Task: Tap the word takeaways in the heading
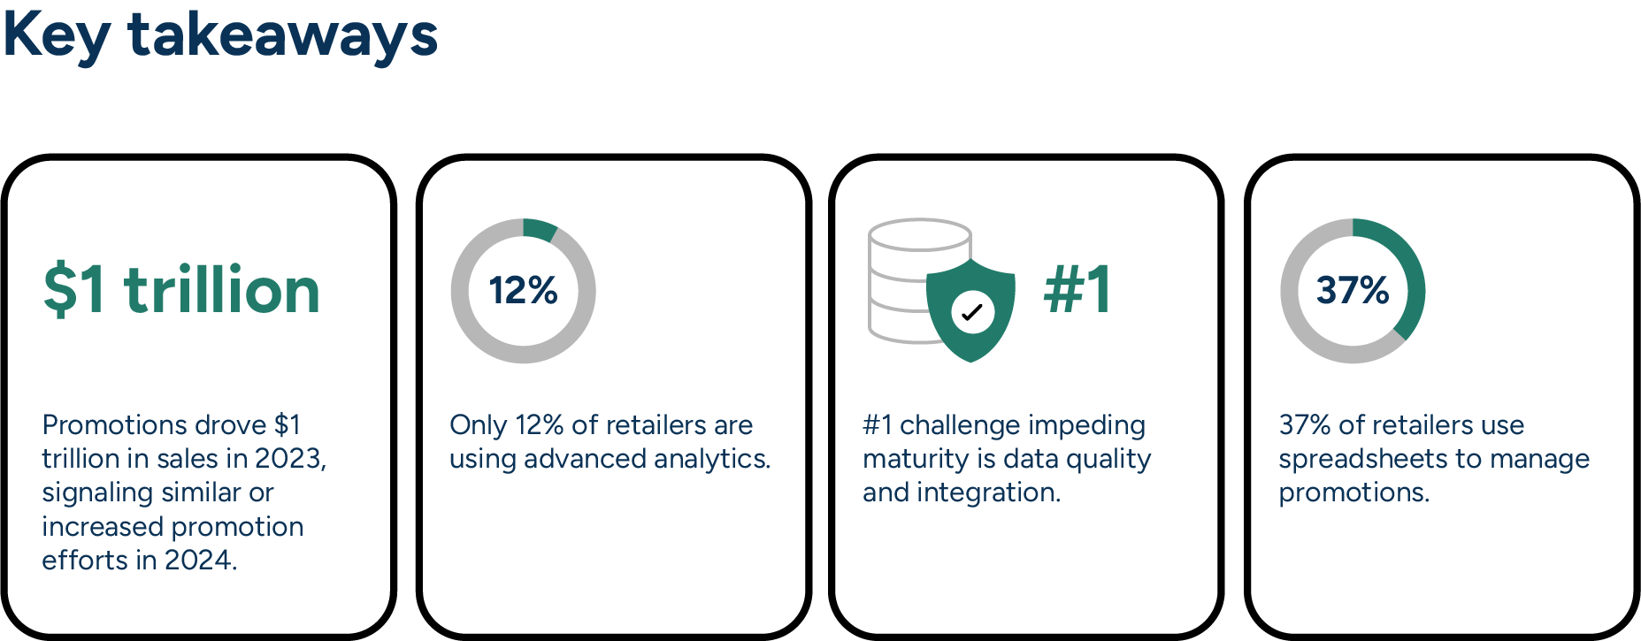pyautogui.click(x=283, y=36)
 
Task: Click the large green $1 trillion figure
pyautogui.click(x=181, y=290)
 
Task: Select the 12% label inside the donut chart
pyautogui.click(x=523, y=290)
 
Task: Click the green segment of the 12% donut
pyautogui.click(x=539, y=230)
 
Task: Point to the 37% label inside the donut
pyautogui.click(x=1353, y=290)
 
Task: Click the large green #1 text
pyautogui.click(x=1077, y=290)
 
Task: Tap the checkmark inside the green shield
pyautogui.click(x=971, y=312)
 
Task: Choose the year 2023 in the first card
pyautogui.click(x=290, y=459)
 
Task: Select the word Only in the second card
pyautogui.click(x=478, y=425)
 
